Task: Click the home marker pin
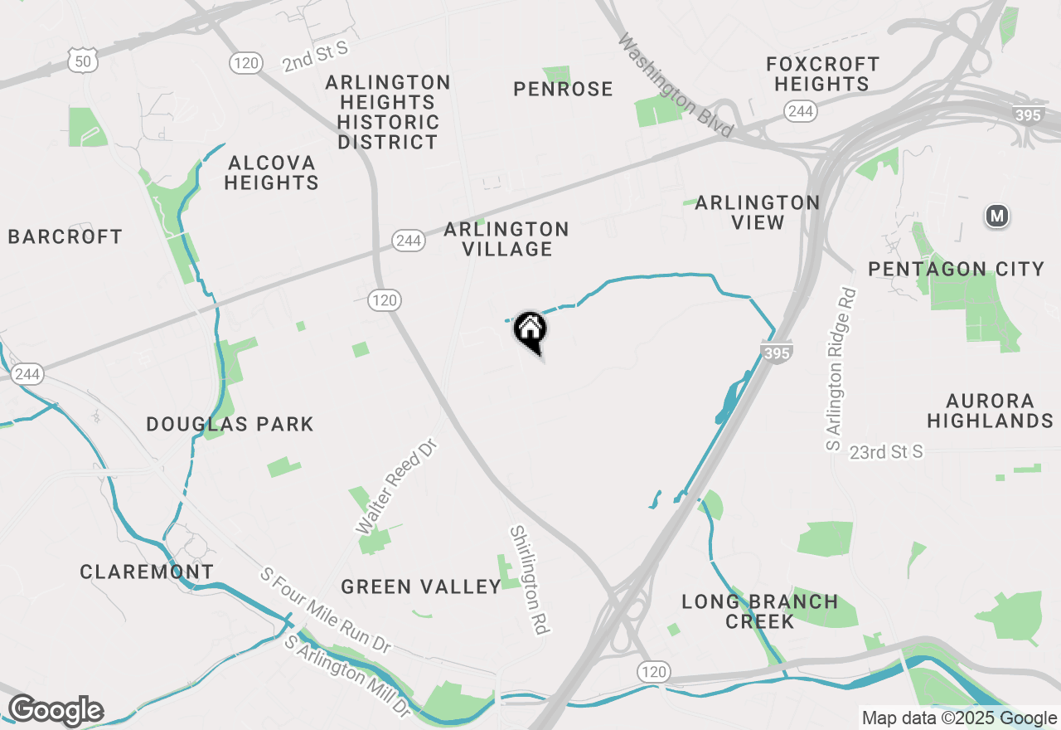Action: point(530,331)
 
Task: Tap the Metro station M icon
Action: point(996,217)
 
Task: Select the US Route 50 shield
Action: point(84,58)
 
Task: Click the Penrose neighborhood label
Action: point(563,89)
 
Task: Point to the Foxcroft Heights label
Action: point(821,74)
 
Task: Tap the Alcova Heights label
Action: point(271,173)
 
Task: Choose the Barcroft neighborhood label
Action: point(65,236)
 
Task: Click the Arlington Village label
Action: point(506,239)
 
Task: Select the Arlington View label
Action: point(758,212)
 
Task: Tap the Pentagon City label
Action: point(956,269)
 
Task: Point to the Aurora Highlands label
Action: point(990,411)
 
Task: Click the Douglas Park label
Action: point(230,425)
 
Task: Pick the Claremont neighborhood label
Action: point(147,572)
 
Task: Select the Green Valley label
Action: point(421,586)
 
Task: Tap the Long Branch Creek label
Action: point(759,611)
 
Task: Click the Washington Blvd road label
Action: point(676,86)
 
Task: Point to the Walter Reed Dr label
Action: point(395,488)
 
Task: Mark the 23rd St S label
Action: point(885,452)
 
